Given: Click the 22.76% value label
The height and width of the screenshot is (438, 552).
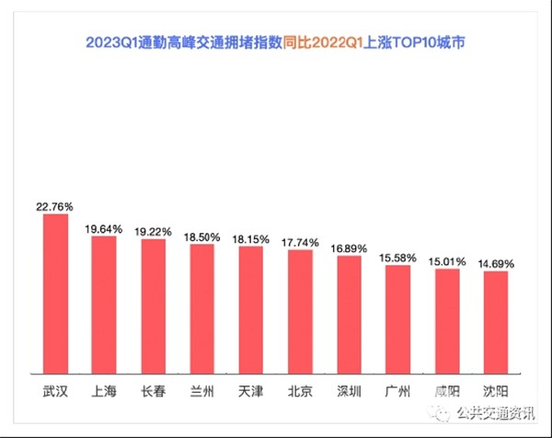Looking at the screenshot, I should (x=55, y=206).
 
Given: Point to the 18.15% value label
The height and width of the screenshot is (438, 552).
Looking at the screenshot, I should (x=250, y=238).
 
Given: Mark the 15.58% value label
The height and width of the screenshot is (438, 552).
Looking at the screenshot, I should (x=397, y=257).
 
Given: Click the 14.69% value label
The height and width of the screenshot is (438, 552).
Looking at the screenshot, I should (x=495, y=263).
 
